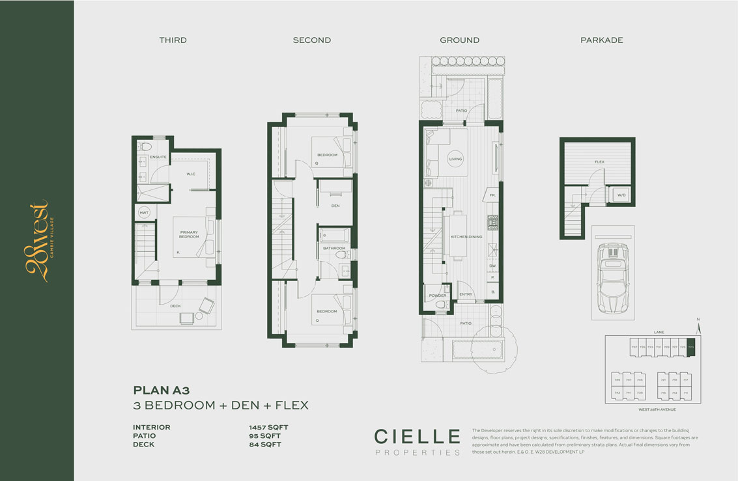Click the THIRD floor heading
pos(173,40)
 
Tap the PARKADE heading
pos(601,40)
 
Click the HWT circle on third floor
pos(144,213)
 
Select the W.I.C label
pos(192,174)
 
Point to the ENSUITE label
pos(158,158)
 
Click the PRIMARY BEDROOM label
pos(189,234)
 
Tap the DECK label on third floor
pos(175,305)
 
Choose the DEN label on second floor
pos(335,206)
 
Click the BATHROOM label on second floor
pos(334,248)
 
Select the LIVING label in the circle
pos(455,159)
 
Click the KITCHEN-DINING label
pos(466,237)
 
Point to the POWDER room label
pos(438,295)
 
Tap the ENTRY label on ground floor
pos(466,295)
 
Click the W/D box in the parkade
pos(621,195)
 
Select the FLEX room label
pos(599,161)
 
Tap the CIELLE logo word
pos(417,435)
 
